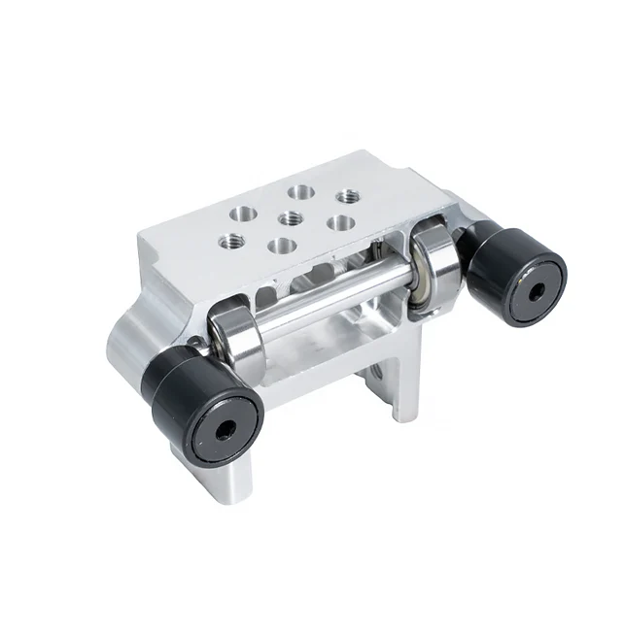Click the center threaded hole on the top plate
tap(288, 215)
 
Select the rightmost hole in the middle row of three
tap(339, 220)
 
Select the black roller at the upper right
tap(515, 271)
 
